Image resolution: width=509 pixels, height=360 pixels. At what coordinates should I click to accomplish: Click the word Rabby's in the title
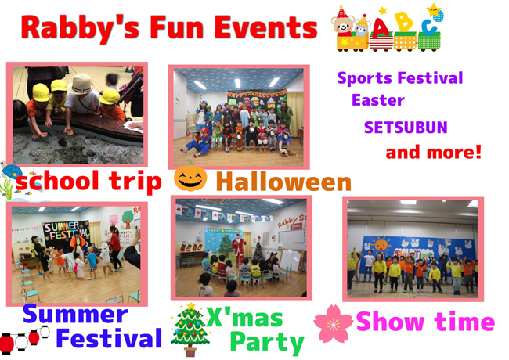[80, 28]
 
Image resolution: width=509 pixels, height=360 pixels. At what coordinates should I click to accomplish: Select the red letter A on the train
[381, 28]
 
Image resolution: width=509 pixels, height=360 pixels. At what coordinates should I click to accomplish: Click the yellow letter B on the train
[403, 22]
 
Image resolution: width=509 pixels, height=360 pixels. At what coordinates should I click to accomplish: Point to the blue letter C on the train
[429, 27]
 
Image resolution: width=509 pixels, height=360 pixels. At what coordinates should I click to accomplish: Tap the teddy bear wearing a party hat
[343, 22]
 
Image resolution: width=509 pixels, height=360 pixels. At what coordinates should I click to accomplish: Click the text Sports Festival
[400, 78]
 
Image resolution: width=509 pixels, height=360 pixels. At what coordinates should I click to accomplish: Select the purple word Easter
[378, 100]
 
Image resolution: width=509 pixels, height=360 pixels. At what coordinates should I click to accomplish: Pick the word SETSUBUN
[406, 128]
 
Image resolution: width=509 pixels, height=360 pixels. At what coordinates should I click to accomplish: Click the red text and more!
[433, 152]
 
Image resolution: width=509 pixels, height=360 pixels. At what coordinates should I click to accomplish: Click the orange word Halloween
[283, 182]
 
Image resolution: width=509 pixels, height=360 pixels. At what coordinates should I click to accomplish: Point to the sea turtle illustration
[11, 171]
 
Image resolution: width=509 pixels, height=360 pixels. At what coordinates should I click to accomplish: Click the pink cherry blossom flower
[333, 324]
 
